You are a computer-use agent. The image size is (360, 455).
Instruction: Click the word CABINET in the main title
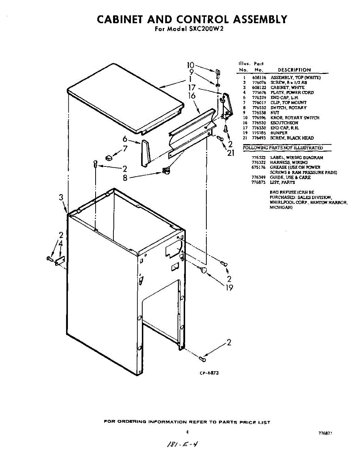pos(120,19)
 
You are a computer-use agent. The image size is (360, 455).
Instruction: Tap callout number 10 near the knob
pos(191,65)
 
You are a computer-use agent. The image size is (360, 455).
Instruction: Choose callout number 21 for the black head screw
pos(231,153)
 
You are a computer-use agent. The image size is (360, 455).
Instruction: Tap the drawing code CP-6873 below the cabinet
pos(209,373)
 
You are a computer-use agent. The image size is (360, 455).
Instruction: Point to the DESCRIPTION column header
pos(294,70)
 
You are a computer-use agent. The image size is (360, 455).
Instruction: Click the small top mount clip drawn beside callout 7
pos(108,157)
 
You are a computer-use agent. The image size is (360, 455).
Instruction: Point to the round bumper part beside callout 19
pos(204,270)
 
